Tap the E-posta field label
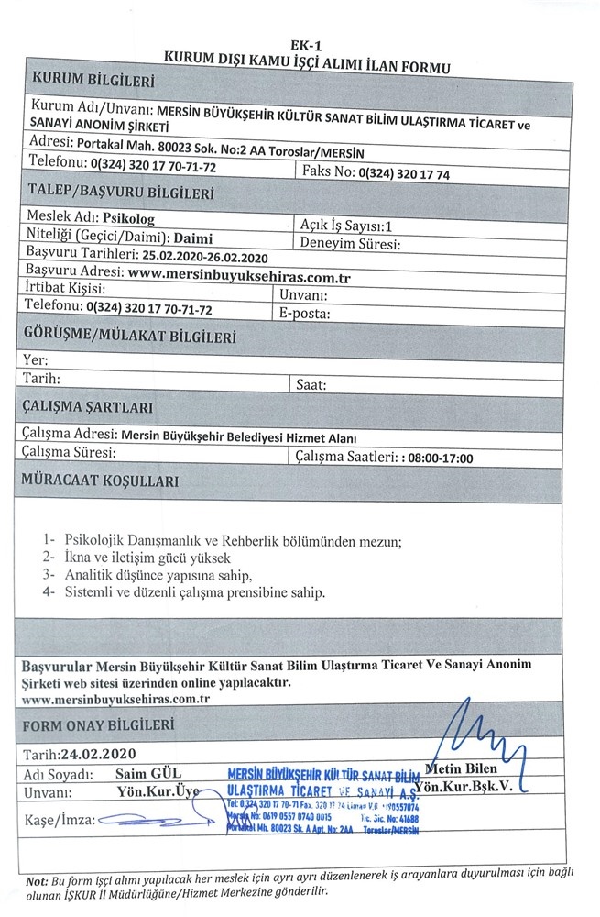(305, 313)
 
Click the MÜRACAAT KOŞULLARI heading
(102, 481)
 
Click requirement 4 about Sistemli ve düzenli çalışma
(198, 592)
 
